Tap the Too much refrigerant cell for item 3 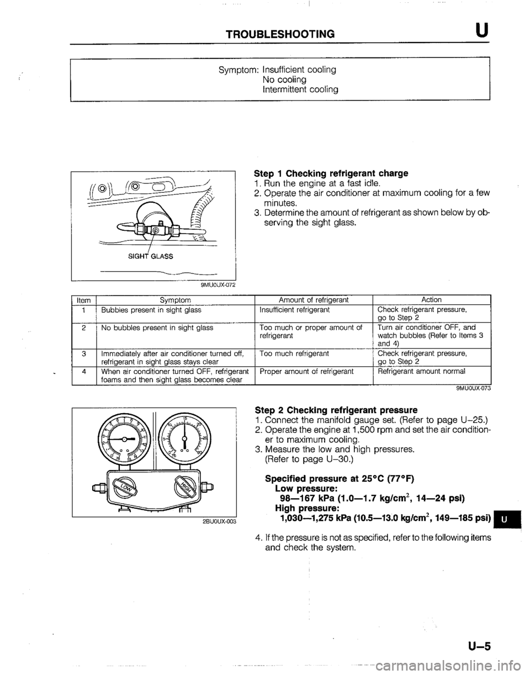(x=295, y=352)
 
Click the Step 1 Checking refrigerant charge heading (x=331, y=173)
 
